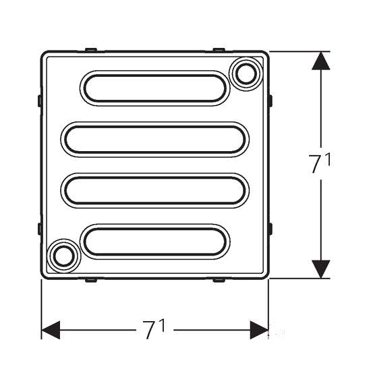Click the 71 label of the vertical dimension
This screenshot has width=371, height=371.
[x=320, y=163]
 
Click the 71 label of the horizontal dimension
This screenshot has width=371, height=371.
[x=153, y=329]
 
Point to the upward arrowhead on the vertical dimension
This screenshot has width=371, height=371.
[x=321, y=61]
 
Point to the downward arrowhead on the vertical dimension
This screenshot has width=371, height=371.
[x=321, y=269]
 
